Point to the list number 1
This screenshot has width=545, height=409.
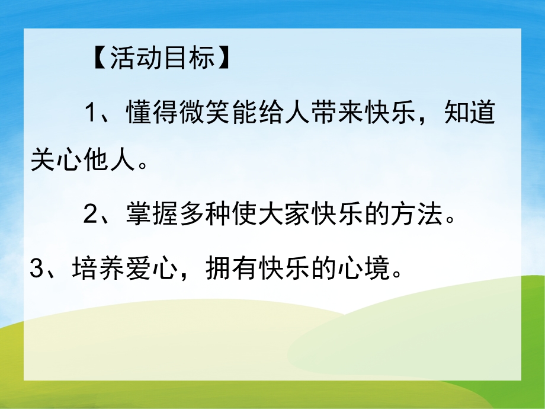coord(91,113)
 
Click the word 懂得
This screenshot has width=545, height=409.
coord(151,113)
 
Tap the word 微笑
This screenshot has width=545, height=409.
coord(205,113)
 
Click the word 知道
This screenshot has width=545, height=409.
coord(470,113)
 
